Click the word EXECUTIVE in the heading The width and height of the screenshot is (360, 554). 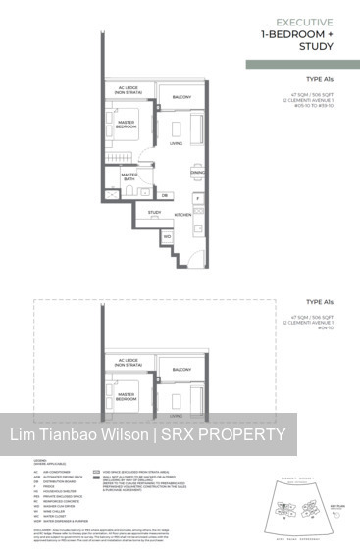click(x=305, y=21)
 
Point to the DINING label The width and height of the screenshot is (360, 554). click(x=197, y=173)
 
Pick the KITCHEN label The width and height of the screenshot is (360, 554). click(x=182, y=214)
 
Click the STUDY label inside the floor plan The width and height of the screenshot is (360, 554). click(x=154, y=212)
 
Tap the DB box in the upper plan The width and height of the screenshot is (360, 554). click(x=164, y=195)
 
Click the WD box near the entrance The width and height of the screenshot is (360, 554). click(x=167, y=236)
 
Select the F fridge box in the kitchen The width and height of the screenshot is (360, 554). click(x=197, y=197)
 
